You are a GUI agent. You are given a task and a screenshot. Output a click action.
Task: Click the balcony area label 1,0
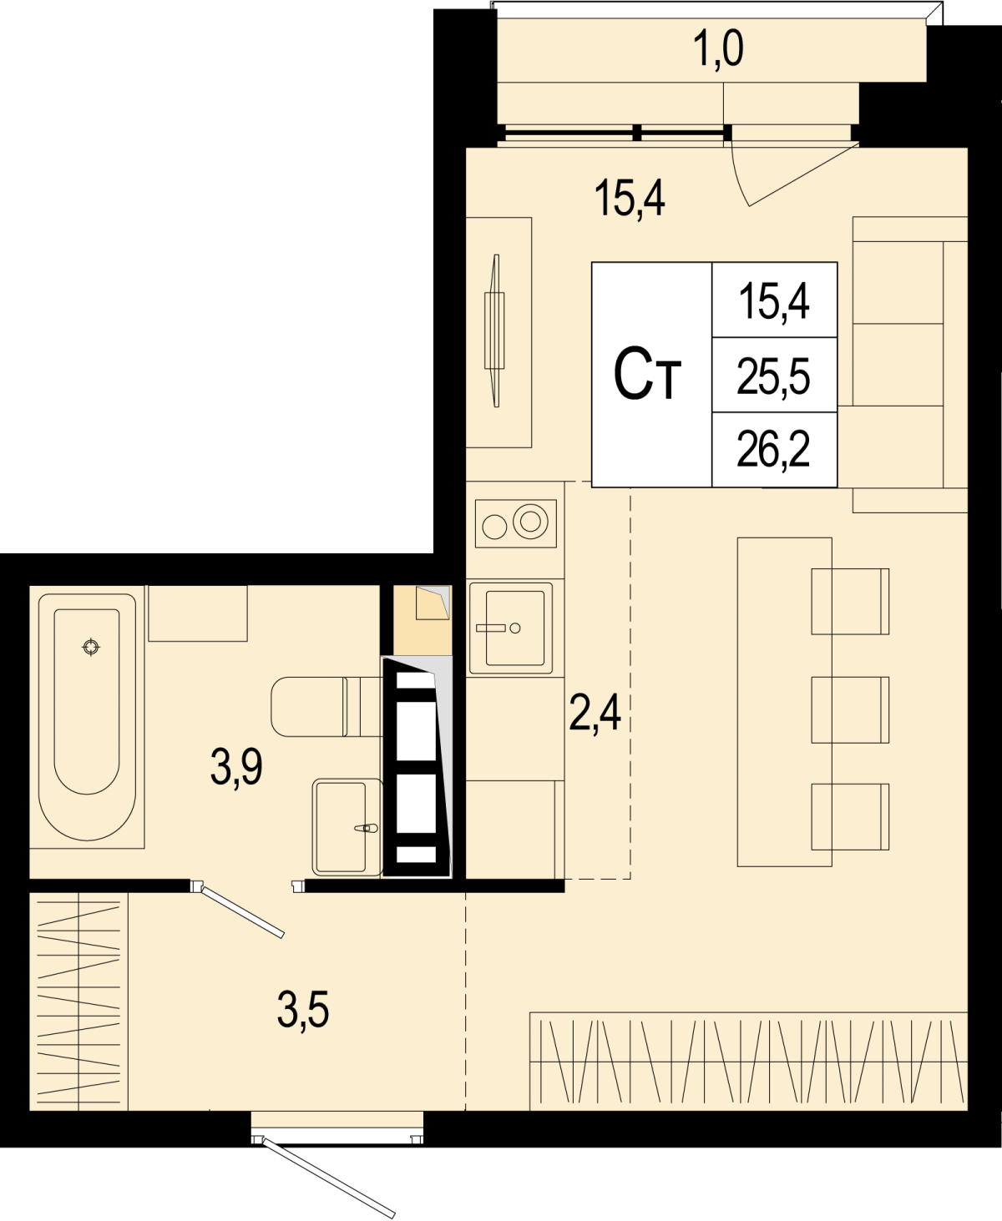[x=718, y=51]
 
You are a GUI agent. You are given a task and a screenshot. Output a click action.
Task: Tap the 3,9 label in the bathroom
[x=236, y=766]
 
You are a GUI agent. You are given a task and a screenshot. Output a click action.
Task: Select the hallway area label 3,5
[x=303, y=1009]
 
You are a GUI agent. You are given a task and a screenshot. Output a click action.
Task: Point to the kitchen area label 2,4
[x=595, y=714]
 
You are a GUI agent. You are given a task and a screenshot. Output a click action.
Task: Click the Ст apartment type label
[x=647, y=373]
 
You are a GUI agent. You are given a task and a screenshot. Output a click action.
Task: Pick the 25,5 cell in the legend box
[x=773, y=376]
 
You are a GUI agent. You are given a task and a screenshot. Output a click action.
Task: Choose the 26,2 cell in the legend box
[x=773, y=450]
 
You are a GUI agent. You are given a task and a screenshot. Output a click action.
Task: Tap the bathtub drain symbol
[x=91, y=647]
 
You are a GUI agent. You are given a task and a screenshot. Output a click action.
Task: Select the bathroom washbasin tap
[x=367, y=829]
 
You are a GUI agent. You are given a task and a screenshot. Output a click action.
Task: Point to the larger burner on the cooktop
[x=530, y=521]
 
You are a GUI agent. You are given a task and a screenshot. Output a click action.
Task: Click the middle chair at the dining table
[x=850, y=709]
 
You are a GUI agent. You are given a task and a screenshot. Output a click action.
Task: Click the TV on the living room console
[x=494, y=330]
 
